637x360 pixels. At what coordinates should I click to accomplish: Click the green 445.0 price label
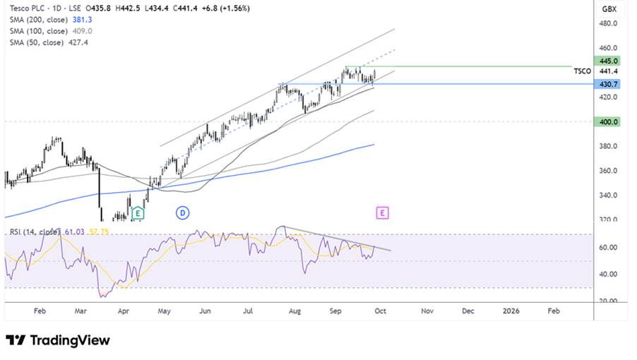click(607, 61)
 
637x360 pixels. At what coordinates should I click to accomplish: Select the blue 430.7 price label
click(607, 84)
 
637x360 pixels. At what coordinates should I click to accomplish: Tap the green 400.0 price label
click(607, 121)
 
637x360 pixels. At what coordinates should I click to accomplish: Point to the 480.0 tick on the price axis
click(608, 23)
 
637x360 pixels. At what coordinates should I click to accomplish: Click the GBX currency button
click(609, 9)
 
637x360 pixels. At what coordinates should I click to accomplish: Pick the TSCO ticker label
click(582, 71)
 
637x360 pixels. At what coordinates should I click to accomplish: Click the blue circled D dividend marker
click(182, 212)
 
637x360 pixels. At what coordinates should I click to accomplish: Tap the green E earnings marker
click(138, 212)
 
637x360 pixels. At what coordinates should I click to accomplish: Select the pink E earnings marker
click(382, 212)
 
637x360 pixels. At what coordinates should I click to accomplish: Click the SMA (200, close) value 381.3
click(83, 20)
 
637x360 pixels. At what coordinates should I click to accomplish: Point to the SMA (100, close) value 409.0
click(83, 31)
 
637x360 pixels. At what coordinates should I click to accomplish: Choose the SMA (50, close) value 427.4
click(78, 42)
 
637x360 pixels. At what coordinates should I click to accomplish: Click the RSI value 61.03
click(75, 232)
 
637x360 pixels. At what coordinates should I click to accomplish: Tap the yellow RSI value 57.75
click(99, 232)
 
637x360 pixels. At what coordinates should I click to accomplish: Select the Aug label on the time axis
click(294, 311)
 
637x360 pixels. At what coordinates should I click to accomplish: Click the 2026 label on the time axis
click(511, 311)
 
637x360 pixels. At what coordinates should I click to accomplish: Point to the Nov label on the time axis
click(427, 311)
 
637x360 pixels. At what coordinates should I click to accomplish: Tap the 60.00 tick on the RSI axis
click(608, 248)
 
